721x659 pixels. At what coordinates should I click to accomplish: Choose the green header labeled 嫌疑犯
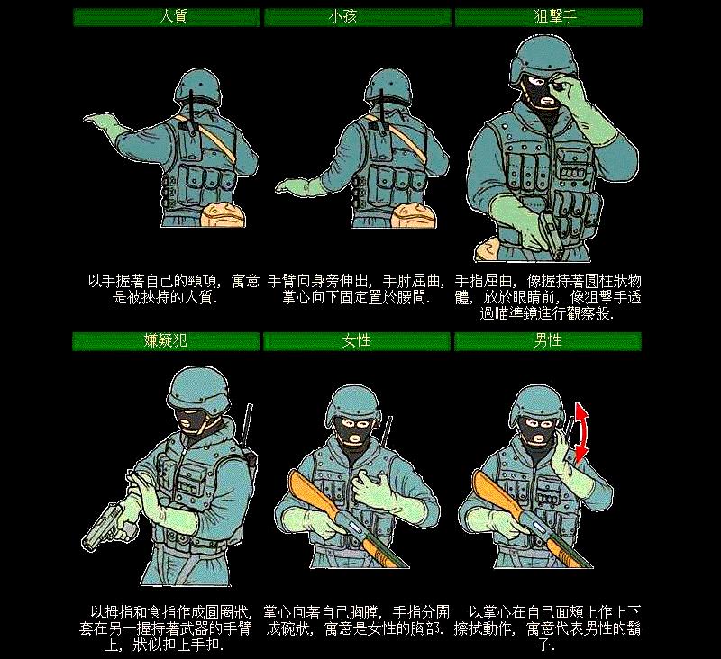pyautogui.click(x=167, y=341)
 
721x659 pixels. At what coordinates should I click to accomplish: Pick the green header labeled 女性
pyautogui.click(x=357, y=341)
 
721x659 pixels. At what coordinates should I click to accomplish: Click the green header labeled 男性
pyautogui.click(x=548, y=341)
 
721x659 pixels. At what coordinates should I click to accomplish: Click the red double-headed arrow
pyautogui.click(x=582, y=432)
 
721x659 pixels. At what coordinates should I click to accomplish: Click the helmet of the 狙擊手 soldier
pyautogui.click(x=539, y=56)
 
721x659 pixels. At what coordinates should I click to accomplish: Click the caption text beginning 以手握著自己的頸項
pyautogui.click(x=172, y=289)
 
